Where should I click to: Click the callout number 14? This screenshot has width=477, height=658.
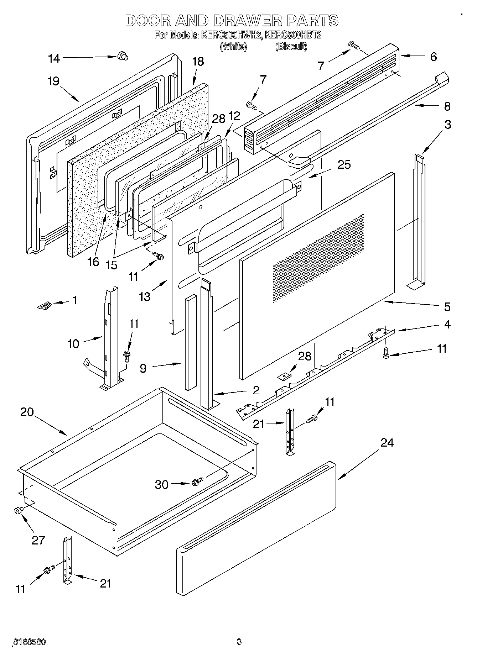(54, 58)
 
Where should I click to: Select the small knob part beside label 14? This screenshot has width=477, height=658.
(123, 56)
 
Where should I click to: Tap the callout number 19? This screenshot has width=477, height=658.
(53, 81)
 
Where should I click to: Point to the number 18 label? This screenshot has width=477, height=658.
(198, 62)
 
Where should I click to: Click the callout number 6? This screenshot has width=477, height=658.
(433, 57)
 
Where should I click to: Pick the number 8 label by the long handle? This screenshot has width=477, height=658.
(447, 106)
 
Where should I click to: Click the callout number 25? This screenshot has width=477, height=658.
(344, 165)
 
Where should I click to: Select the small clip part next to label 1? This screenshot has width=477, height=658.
(45, 305)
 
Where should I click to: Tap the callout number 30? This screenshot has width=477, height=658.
(161, 484)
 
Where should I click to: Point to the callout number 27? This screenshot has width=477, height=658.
(38, 540)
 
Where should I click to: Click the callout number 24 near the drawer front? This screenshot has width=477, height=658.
(387, 443)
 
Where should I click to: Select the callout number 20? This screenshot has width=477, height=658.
(27, 412)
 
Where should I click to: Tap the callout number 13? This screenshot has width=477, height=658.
(145, 296)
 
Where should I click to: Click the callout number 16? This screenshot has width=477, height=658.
(93, 262)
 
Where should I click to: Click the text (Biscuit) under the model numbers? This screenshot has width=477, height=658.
(291, 46)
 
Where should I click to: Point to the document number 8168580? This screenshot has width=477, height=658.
(29, 642)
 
